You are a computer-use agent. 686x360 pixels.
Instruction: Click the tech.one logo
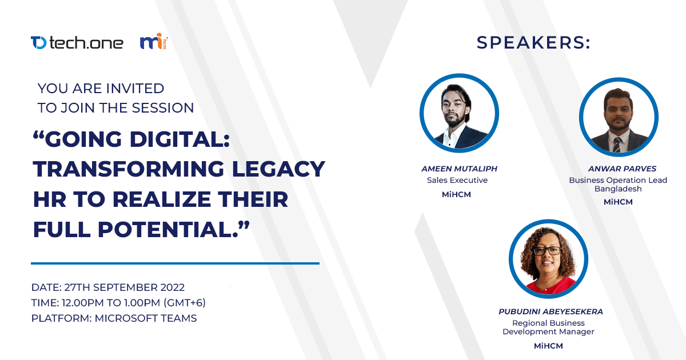pyautogui.click(x=77, y=42)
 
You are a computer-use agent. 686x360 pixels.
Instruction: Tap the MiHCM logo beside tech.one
pyautogui.click(x=154, y=41)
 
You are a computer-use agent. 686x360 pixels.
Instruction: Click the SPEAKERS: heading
pyautogui.click(x=533, y=42)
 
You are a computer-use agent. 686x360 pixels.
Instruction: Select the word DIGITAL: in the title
pyautogui.click(x=180, y=139)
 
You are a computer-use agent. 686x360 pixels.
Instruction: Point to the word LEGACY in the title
pyautogui.click(x=278, y=169)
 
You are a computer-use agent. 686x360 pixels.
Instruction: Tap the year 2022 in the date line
pyautogui.click(x=173, y=287)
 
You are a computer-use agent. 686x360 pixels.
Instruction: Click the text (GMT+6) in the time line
pyautogui.click(x=184, y=303)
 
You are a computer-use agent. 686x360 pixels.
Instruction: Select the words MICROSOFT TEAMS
pyautogui.click(x=146, y=318)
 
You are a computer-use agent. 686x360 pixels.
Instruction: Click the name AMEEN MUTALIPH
pyautogui.click(x=459, y=169)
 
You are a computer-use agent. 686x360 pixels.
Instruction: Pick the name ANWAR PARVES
pyautogui.click(x=622, y=169)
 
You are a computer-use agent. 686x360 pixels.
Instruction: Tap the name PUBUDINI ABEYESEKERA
pyautogui.click(x=551, y=311)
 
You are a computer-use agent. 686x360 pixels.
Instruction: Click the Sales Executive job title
pyautogui.click(x=457, y=181)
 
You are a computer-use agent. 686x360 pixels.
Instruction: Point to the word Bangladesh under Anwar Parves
pyautogui.click(x=618, y=189)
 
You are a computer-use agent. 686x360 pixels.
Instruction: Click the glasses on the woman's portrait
pyautogui.click(x=548, y=251)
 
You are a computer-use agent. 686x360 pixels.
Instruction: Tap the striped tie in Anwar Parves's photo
pyautogui.click(x=617, y=145)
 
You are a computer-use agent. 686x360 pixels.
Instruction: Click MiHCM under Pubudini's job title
pyautogui.click(x=548, y=346)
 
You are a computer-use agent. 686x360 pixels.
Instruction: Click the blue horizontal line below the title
pyautogui.click(x=175, y=263)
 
